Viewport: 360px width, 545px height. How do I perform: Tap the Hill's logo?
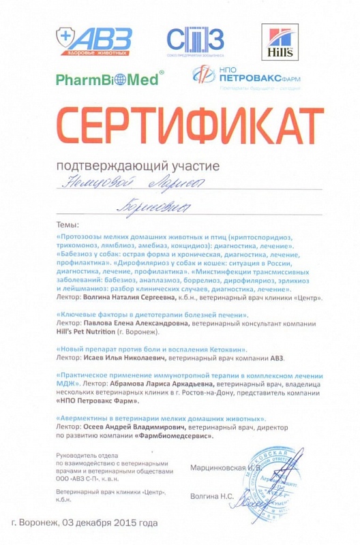(280, 42)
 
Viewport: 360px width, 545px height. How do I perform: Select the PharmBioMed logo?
(108, 79)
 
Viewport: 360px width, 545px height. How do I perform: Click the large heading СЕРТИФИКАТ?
(180, 127)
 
